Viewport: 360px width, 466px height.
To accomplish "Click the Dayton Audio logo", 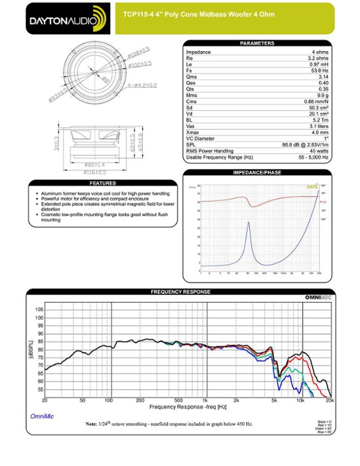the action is coord(66,19).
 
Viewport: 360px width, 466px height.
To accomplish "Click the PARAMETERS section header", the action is coord(257,43).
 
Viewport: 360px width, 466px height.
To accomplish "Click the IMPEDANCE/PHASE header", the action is coord(257,172).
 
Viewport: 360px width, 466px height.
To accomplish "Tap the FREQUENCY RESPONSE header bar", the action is coord(180,291).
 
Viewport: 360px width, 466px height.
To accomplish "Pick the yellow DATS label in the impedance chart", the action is coord(312,187).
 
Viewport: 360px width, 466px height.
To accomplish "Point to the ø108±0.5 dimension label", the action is coord(138,51).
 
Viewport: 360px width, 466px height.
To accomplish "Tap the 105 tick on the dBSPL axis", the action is coord(39,309).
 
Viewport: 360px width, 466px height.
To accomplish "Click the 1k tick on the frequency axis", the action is coord(205,399).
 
